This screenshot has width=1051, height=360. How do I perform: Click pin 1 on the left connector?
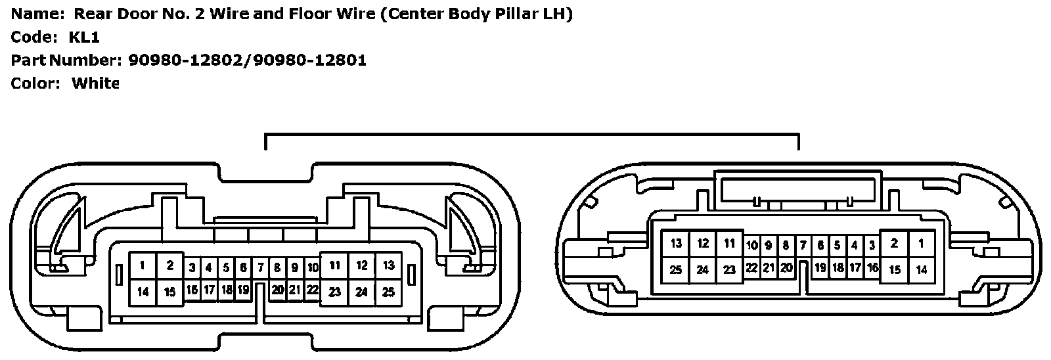pos(143,266)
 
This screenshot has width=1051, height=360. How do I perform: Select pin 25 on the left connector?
pos(388,292)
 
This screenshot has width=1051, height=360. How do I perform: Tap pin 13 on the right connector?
pos(677,244)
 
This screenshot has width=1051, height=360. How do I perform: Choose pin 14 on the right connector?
pos(921,269)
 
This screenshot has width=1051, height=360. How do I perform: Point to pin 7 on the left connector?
pos(261,268)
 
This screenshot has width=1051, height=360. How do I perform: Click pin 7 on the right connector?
pos(803,246)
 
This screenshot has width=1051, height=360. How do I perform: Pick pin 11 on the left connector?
pos(335,266)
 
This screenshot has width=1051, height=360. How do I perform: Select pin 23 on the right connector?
pos(729,269)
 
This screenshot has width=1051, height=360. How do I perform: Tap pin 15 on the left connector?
pos(169,292)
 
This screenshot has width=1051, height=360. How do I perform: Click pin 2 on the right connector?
pos(894,244)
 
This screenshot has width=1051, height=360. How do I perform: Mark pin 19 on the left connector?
pos(243,290)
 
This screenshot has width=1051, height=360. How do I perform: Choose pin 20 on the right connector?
pos(786,267)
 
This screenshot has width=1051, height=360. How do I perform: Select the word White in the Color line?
pos(95,83)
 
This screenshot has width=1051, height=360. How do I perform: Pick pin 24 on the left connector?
pos(361,292)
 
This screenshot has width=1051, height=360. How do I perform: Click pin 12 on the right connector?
pos(703,244)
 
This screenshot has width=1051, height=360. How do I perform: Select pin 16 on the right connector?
pos(872,268)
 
